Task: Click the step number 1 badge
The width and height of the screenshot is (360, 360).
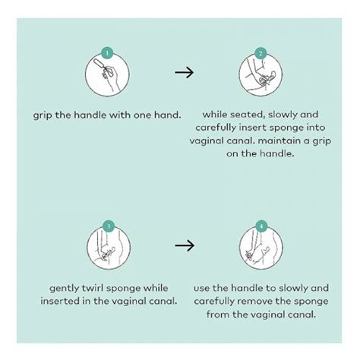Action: click(107, 53)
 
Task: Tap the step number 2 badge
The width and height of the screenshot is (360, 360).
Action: click(261, 53)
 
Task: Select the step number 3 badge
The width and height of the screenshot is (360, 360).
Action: click(109, 226)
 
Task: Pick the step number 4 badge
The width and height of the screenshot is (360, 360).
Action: click(261, 226)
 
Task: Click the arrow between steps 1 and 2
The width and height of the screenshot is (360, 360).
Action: click(184, 72)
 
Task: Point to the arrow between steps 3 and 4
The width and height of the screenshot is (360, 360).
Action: click(185, 245)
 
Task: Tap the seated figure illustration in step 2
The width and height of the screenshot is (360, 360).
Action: click(261, 75)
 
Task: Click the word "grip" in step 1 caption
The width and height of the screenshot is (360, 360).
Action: click(43, 115)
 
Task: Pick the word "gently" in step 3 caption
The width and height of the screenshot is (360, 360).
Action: click(65, 289)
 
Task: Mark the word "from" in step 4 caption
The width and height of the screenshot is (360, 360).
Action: click(218, 314)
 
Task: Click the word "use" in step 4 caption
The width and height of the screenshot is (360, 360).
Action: click(202, 289)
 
